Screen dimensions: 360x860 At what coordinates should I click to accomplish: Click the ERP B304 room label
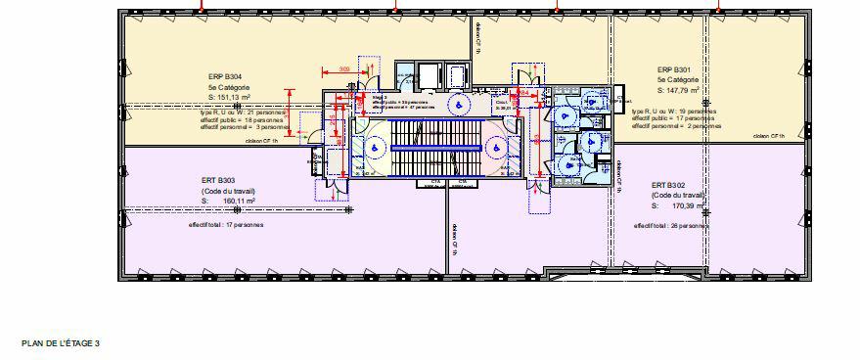225,76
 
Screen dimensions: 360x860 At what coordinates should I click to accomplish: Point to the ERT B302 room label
668,185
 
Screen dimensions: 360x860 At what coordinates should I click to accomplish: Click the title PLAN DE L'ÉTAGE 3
61,343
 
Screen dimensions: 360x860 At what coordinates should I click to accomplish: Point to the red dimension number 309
343,68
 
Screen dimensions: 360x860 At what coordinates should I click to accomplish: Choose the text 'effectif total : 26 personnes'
670,226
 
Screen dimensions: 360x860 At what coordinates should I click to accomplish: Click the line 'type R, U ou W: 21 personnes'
244,112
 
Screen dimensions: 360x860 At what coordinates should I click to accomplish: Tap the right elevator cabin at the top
458,74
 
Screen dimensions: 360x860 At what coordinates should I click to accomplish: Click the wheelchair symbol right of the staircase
497,148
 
